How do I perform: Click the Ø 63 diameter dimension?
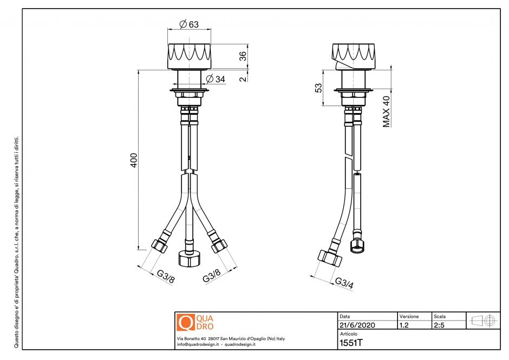tap(188, 24)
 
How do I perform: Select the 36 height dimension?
tap(243, 55)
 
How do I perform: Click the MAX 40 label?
tap(387, 112)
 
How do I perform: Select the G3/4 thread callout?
tap(343, 283)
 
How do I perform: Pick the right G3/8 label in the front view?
tap(211, 278)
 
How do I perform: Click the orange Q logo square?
tap(185, 322)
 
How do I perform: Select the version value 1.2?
tap(404, 325)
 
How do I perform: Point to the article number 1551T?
tap(351, 343)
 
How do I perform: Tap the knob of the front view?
tap(188, 55)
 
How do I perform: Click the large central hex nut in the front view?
tap(189, 258)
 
